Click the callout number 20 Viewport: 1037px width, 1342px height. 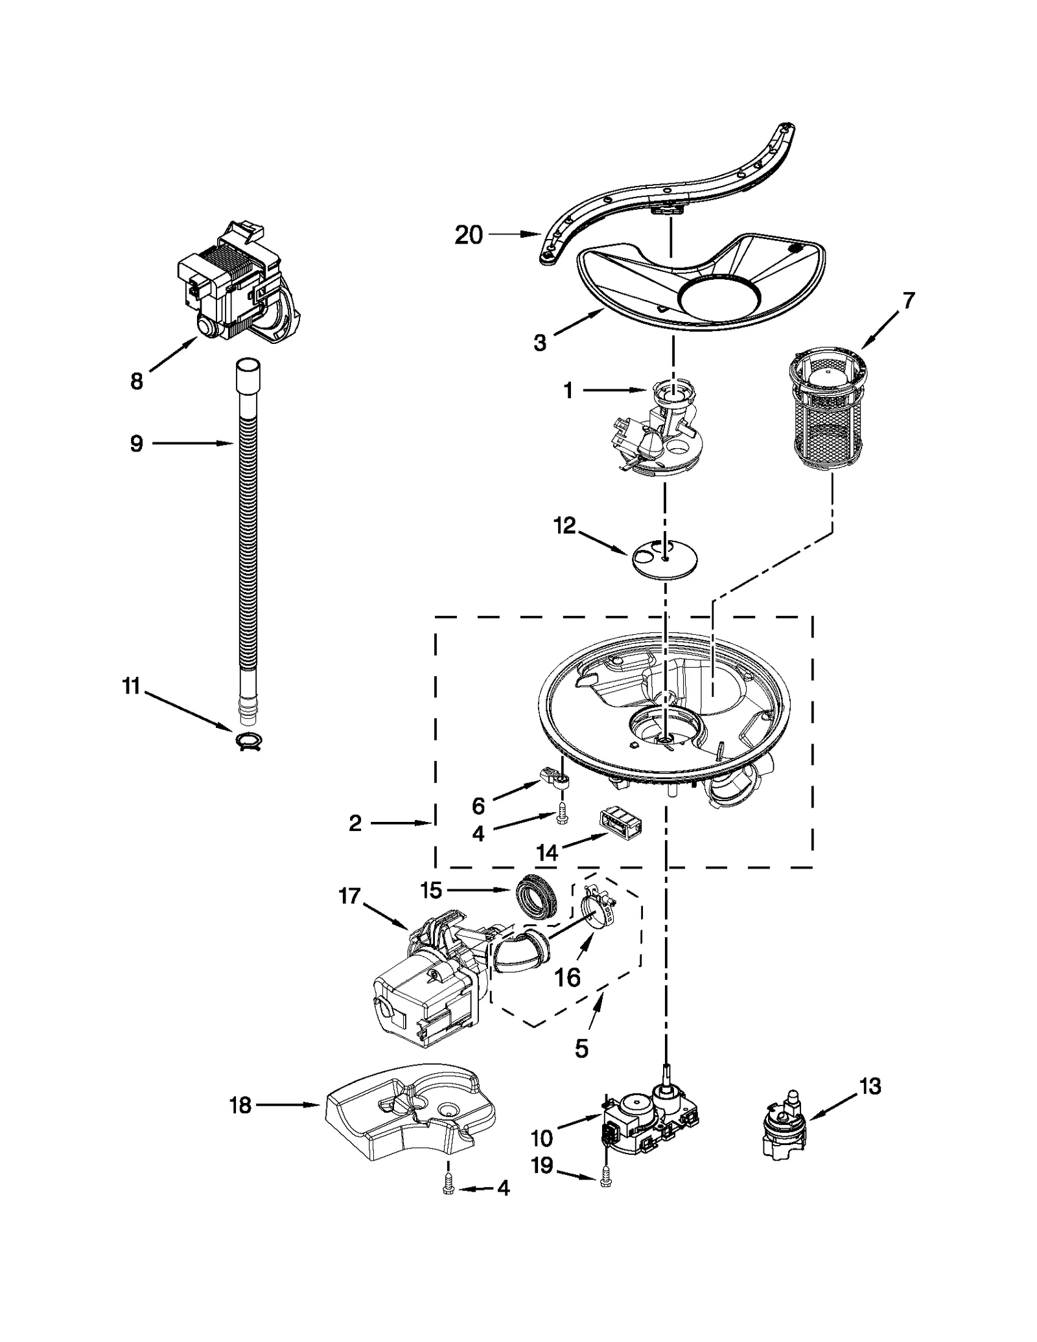click(x=468, y=235)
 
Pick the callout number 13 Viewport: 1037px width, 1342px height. click(x=870, y=1086)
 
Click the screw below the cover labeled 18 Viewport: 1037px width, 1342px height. click(x=448, y=1187)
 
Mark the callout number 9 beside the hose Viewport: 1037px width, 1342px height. click(x=137, y=444)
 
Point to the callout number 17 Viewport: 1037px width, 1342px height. click(x=349, y=897)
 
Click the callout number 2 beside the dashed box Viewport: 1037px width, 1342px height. click(x=355, y=823)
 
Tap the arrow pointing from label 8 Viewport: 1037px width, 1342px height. click(x=174, y=356)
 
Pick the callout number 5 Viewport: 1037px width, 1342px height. click(x=581, y=1048)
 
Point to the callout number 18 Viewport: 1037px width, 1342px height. click(x=240, y=1106)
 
